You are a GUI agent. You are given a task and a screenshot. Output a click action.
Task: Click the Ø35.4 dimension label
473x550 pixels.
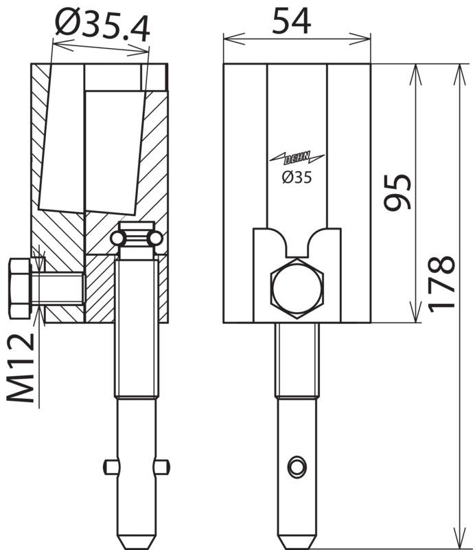coord(102,25)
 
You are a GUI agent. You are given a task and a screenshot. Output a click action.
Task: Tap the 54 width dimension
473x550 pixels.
coord(292,21)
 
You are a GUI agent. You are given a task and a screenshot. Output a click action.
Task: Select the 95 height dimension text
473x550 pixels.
coord(397,192)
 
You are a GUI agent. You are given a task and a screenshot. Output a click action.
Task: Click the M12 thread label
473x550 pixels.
coord(21,368)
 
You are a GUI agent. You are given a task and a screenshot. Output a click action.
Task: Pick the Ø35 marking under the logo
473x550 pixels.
coord(297,178)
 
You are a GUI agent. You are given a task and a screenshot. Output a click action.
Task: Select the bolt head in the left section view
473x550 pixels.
coord(21,288)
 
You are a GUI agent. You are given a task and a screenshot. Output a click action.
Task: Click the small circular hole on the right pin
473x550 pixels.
coord(297,467)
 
